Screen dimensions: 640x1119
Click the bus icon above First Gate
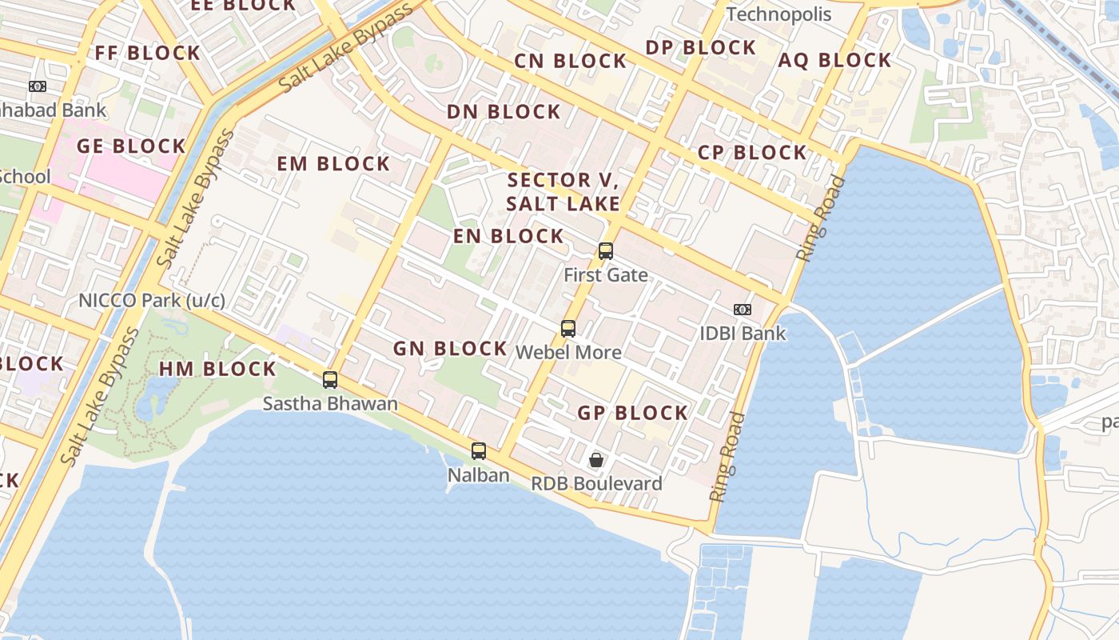(606, 251)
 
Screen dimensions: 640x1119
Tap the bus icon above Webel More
(568, 329)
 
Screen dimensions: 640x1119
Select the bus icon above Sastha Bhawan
(330, 380)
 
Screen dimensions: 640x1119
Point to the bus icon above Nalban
(479, 451)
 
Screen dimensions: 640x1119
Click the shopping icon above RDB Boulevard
(596, 460)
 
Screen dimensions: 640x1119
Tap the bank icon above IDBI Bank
(743, 310)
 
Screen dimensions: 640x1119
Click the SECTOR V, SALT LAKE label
(563, 191)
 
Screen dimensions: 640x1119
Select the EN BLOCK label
(508, 236)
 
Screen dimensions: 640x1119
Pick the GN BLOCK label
(450, 348)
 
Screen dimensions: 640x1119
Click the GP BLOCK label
(632, 413)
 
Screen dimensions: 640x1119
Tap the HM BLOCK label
(217, 369)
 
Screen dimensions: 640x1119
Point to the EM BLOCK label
(333, 164)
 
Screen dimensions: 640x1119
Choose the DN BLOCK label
(504, 112)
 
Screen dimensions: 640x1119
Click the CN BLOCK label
(570, 61)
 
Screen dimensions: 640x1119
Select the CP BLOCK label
(752, 153)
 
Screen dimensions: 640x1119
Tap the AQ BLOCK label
(834, 61)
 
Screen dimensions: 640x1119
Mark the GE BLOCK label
(131, 146)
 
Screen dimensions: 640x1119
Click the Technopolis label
(779, 14)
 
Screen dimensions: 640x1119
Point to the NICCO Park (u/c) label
(152, 301)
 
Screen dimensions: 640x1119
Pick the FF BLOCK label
(148, 54)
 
